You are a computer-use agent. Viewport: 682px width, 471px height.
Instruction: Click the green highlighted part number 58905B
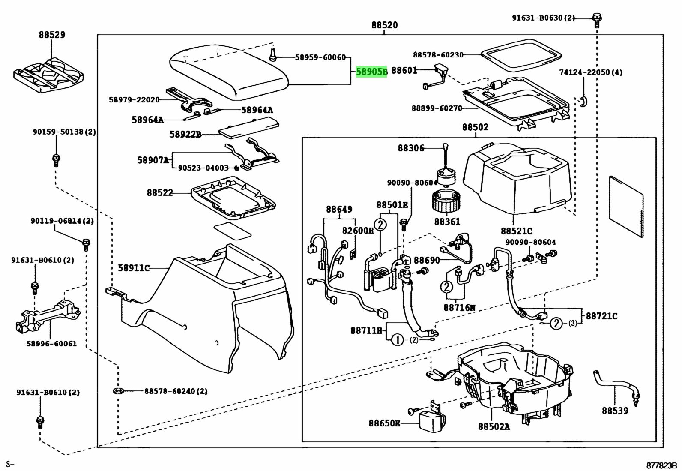pyautogui.click(x=371, y=72)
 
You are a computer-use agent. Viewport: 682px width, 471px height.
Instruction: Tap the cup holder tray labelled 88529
pyautogui.click(x=49, y=75)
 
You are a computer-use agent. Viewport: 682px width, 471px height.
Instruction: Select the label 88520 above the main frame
pyautogui.click(x=384, y=25)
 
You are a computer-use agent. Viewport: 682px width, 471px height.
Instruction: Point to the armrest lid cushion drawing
pyautogui.click(x=229, y=72)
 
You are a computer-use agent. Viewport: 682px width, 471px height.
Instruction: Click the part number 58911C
pyautogui.click(x=134, y=268)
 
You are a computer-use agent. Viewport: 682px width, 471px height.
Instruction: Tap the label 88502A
pyautogui.click(x=494, y=426)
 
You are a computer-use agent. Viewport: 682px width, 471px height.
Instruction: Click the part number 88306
pyautogui.click(x=411, y=148)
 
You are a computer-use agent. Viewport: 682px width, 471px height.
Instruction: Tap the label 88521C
pyautogui.click(x=517, y=231)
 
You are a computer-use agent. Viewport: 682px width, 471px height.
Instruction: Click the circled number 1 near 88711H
pyautogui.click(x=397, y=340)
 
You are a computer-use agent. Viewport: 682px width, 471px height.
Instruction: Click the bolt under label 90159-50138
pyautogui.click(x=56, y=160)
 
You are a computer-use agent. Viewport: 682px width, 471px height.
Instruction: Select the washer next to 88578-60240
pyautogui.click(x=118, y=390)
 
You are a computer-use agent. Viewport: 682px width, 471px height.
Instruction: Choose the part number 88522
pyautogui.click(x=160, y=192)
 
